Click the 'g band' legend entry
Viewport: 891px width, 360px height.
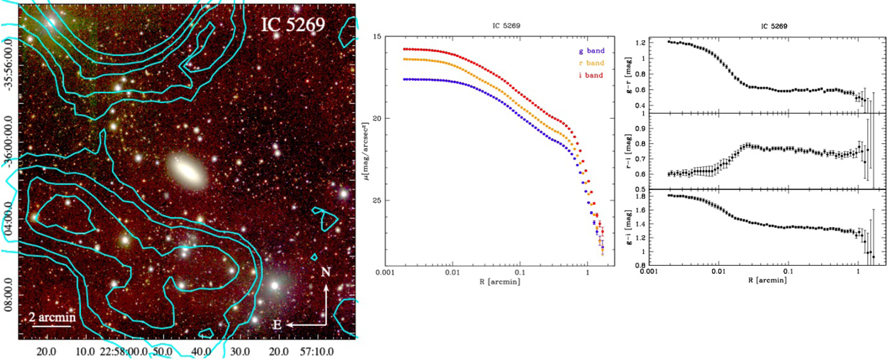click(x=589, y=50)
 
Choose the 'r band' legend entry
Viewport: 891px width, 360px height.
click(x=589, y=63)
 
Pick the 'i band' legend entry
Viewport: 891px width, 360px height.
click(x=589, y=75)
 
